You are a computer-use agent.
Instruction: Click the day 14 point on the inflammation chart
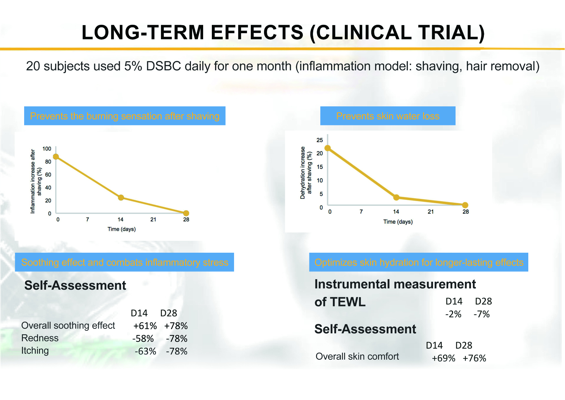121,198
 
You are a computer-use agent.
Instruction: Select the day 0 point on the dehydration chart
327,148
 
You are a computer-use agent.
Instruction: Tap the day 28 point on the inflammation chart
186,213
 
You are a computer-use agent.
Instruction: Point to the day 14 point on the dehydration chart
396,197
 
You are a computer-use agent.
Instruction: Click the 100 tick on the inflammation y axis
47,149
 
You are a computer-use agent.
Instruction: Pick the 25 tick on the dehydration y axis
320,140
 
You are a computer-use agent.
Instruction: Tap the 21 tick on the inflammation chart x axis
153,220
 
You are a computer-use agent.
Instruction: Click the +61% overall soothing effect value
145,326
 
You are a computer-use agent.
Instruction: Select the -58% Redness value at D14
143,338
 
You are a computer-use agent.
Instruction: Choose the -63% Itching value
145,351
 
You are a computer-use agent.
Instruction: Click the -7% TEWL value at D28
482,314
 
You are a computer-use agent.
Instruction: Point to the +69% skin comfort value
443,358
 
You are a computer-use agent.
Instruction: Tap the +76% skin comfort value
474,358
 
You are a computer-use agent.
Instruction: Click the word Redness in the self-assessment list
40,338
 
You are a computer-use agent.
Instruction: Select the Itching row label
35,351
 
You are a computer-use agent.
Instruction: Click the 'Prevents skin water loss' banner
388,116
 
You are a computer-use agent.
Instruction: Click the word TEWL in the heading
348,302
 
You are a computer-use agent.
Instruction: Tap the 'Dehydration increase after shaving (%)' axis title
306,172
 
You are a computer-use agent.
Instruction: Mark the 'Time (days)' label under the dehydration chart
398,222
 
